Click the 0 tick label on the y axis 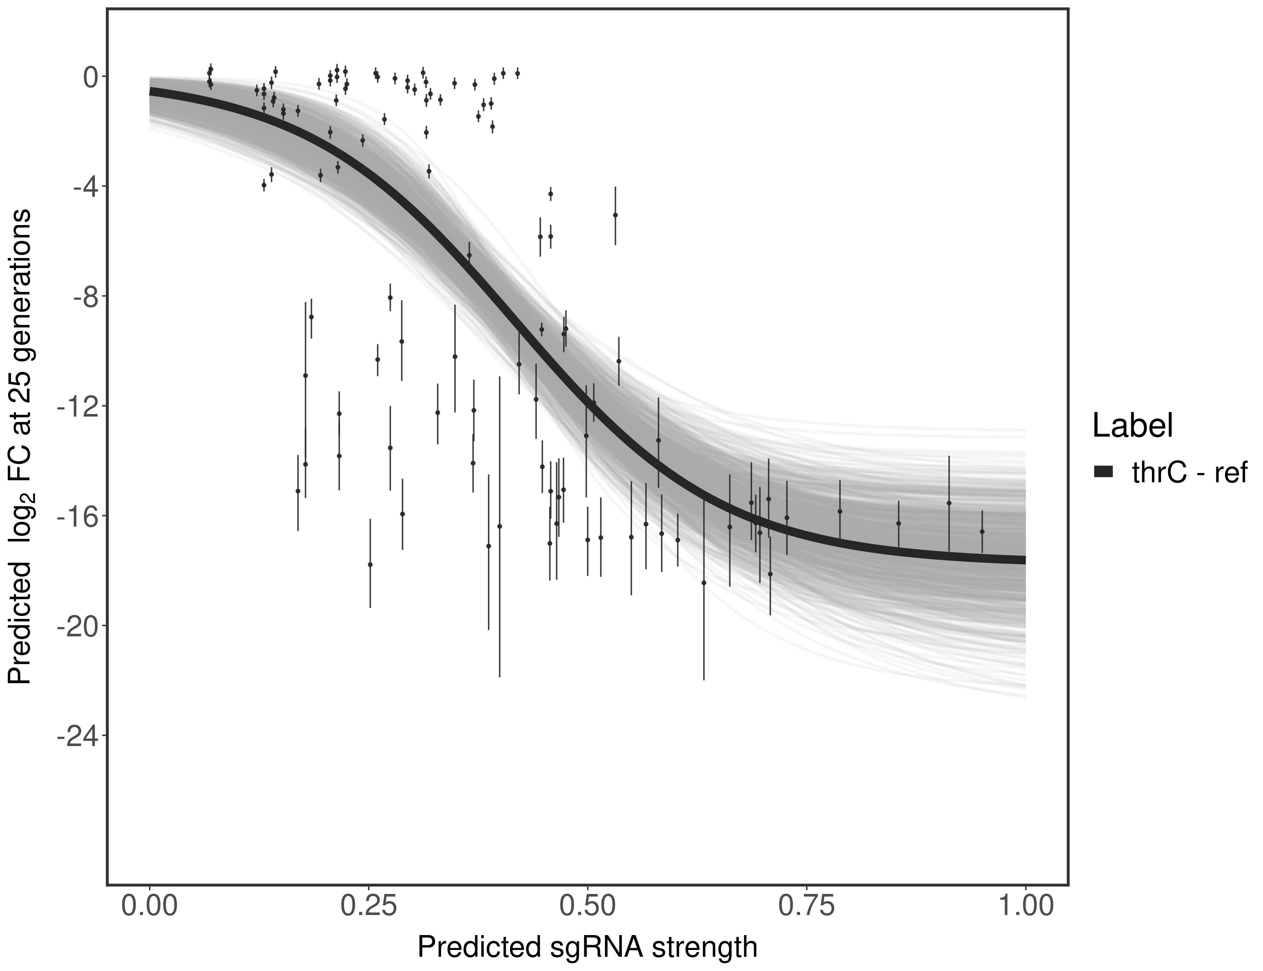tap(91, 77)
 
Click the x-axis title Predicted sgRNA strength tap(587, 948)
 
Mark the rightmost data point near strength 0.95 tap(982, 531)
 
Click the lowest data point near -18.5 tap(704, 583)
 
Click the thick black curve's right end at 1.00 tap(1024, 560)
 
